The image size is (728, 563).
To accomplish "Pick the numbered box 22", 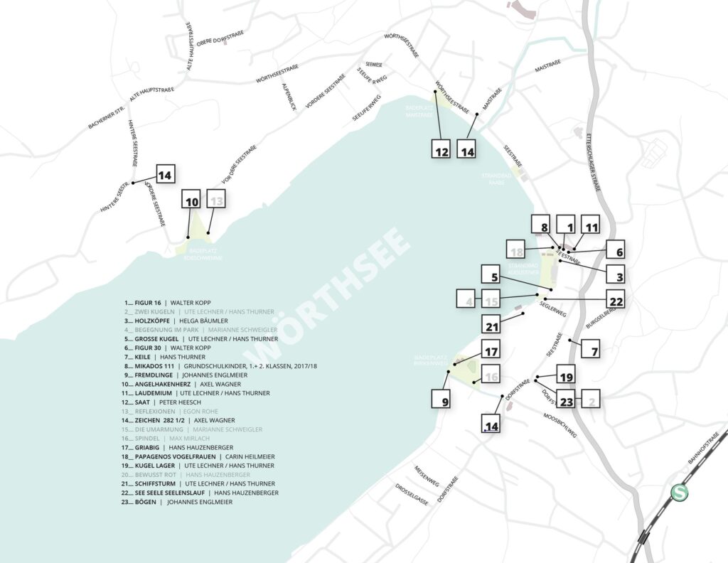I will click(x=616, y=301).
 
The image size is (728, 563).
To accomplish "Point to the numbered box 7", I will click(x=593, y=349).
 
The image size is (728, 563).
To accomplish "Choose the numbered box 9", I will click(x=441, y=400).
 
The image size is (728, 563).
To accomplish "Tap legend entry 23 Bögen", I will click(x=178, y=502).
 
